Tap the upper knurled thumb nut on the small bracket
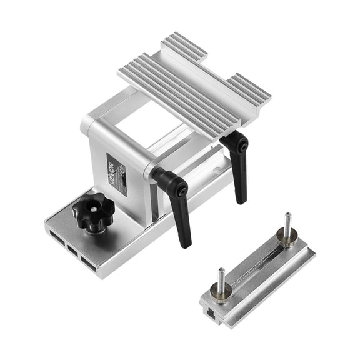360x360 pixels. [287, 239]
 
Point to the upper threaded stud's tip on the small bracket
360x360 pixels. [286, 216]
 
